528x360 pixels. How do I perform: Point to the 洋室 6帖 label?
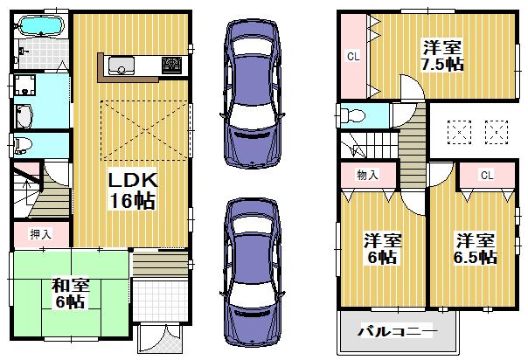[x=382, y=249]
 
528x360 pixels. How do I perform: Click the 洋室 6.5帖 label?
[x=476, y=249]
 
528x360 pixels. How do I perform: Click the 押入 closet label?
[x=41, y=233]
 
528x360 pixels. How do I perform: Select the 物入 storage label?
[x=367, y=175]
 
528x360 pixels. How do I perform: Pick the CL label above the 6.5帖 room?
[x=485, y=175]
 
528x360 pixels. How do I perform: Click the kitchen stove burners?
[x=170, y=66]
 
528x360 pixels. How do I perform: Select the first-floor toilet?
[x=23, y=143]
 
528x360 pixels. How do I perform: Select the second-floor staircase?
[x=385, y=140]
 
